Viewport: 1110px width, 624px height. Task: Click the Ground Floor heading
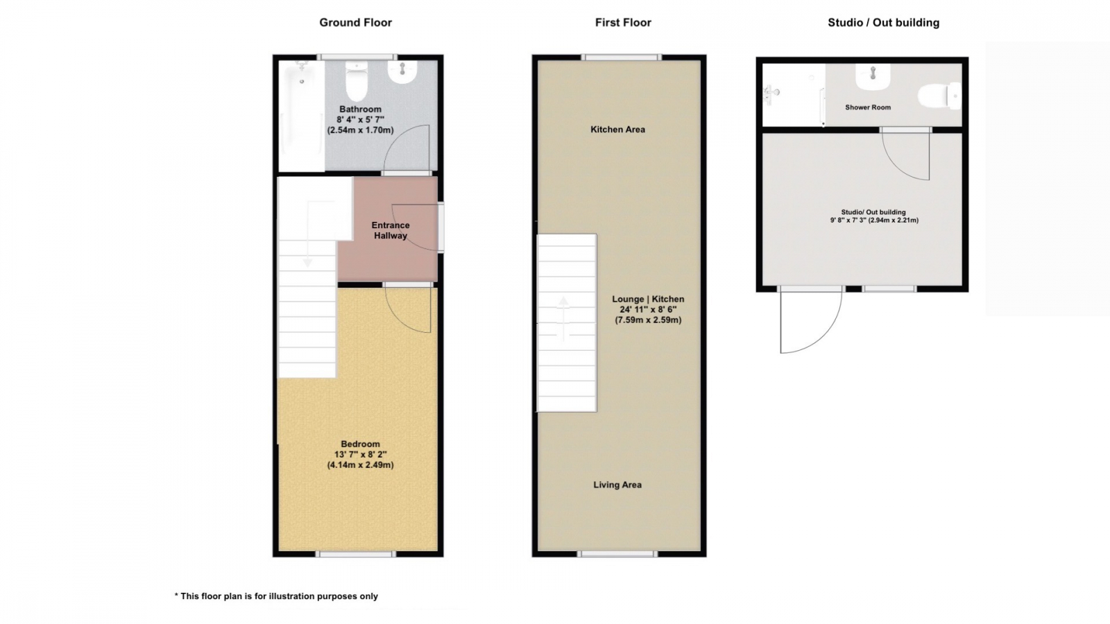tap(355, 22)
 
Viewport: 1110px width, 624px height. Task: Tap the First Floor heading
tap(623, 22)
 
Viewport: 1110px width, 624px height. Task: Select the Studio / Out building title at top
tap(884, 22)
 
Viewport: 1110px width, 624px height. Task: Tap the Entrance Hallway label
tap(391, 230)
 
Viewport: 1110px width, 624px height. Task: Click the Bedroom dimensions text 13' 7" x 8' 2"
tap(360, 454)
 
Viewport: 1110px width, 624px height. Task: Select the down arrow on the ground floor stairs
tap(308, 233)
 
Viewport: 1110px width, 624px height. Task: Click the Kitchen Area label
tap(617, 129)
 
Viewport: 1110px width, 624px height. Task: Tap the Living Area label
tap(617, 485)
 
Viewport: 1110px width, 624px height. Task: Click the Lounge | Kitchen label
tap(648, 299)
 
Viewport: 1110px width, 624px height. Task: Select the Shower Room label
tap(868, 107)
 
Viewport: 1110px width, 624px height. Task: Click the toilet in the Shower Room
tap(939, 95)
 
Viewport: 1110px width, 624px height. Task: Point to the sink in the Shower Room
tap(873, 77)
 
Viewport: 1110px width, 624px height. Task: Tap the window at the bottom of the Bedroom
tap(357, 554)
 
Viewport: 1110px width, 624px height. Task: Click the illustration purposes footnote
tap(276, 596)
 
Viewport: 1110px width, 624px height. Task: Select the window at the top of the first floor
tap(622, 58)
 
